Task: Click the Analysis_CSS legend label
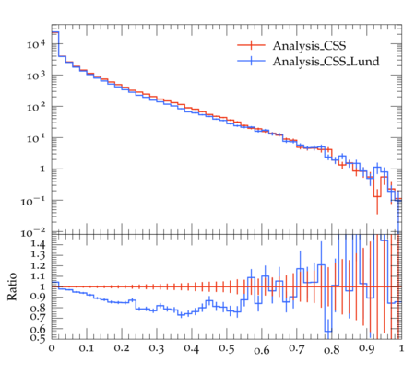point(309,46)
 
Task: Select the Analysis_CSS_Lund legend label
point(326,62)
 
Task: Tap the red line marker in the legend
point(251,45)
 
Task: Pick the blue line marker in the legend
point(251,61)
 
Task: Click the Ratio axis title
point(12,286)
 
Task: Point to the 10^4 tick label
point(36,44)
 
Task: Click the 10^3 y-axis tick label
point(36,76)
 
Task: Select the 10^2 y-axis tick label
point(36,107)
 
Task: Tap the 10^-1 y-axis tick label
point(33,201)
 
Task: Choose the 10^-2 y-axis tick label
point(33,232)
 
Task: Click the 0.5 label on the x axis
point(227,349)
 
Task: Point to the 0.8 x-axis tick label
point(331,349)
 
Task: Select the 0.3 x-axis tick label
point(157,349)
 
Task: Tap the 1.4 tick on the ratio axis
point(38,244)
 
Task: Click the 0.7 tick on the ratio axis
point(38,316)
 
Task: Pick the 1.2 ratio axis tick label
point(38,265)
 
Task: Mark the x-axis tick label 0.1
point(87,349)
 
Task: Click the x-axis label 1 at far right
point(401,349)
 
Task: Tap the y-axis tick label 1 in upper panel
point(42,169)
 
